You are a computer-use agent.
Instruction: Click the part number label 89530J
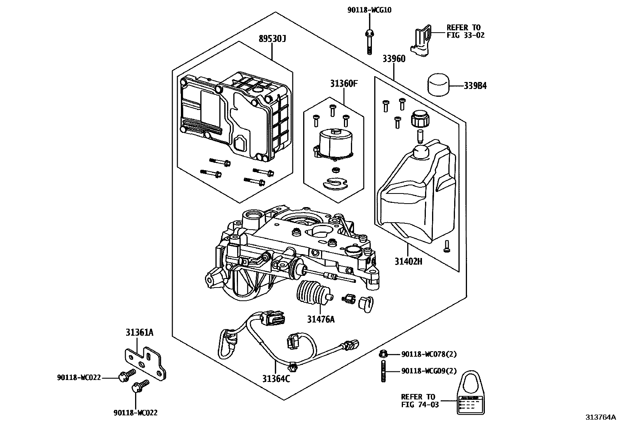pyautogui.click(x=273, y=39)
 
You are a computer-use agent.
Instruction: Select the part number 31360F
pyautogui.click(x=344, y=84)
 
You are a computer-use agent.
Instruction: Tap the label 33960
pyautogui.click(x=394, y=59)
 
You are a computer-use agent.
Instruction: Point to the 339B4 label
pyautogui.click(x=475, y=86)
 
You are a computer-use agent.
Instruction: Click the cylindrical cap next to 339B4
pyautogui.click(x=438, y=84)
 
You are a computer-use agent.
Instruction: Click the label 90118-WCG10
pyautogui.click(x=369, y=10)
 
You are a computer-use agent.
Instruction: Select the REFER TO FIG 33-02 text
pyautogui.click(x=465, y=31)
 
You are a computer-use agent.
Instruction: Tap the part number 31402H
pyautogui.click(x=408, y=261)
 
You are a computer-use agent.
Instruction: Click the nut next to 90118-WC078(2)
pyautogui.click(x=382, y=354)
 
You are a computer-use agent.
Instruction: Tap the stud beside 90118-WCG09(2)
pyautogui.click(x=382, y=371)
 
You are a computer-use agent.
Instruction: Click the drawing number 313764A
pyautogui.click(x=600, y=418)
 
